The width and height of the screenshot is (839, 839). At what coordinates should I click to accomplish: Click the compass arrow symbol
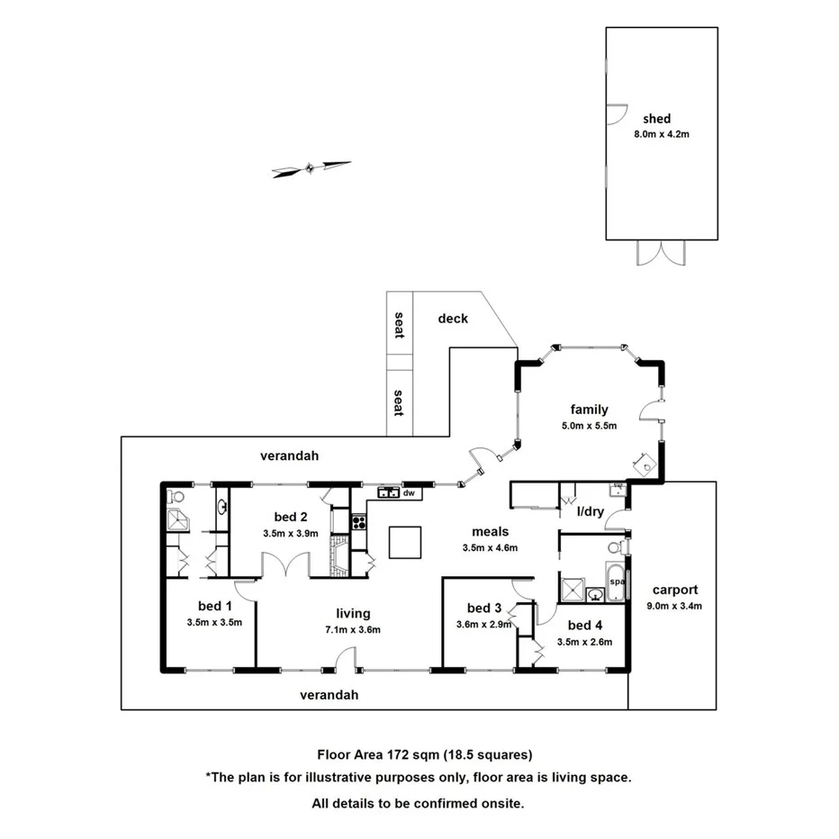(x=311, y=167)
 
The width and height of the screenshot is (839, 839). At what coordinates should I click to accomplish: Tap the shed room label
(x=656, y=118)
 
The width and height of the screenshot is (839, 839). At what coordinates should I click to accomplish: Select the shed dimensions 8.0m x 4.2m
(x=662, y=134)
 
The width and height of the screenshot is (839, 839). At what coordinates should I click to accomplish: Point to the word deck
(x=453, y=318)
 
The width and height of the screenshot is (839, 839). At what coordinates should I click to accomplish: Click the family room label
(x=590, y=410)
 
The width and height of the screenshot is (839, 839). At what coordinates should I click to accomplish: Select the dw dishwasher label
(x=408, y=493)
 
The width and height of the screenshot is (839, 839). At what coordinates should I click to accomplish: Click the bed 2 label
(x=292, y=517)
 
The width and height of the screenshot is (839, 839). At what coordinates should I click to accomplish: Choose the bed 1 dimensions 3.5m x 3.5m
(x=214, y=622)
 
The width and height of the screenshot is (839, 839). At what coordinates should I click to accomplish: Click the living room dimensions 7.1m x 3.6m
(x=353, y=629)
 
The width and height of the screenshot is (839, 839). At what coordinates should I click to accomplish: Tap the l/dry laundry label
(x=591, y=511)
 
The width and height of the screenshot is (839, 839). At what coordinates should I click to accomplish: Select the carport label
(x=675, y=591)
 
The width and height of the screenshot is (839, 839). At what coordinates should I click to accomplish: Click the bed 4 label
(x=585, y=625)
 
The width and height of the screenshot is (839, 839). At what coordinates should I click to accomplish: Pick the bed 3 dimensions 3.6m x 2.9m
(x=484, y=624)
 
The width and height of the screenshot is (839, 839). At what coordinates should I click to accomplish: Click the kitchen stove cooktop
(x=358, y=521)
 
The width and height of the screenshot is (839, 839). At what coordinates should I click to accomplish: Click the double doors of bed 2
(x=286, y=567)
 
